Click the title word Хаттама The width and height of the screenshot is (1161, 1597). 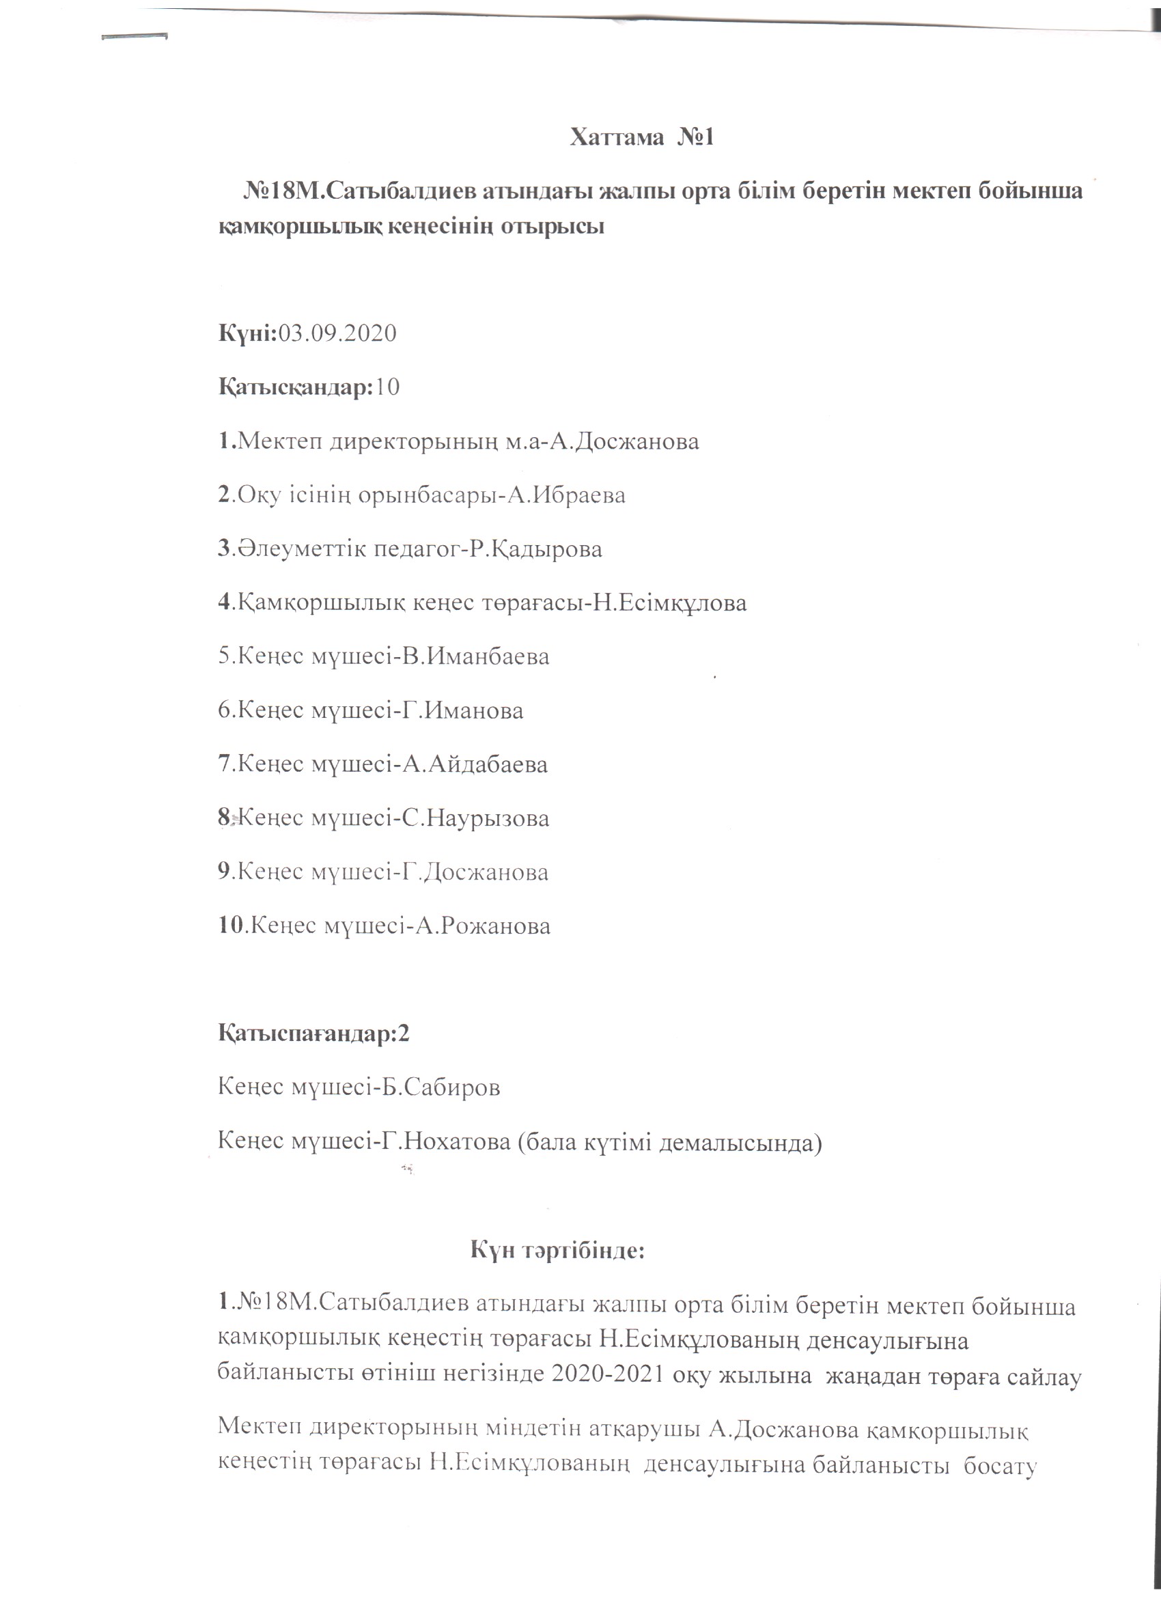[617, 137]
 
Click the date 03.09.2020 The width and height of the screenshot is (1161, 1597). [338, 333]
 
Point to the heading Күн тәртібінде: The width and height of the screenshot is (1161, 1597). [557, 1249]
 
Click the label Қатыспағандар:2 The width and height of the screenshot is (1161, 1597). [314, 1033]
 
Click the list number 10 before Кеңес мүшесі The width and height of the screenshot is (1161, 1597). [231, 926]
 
